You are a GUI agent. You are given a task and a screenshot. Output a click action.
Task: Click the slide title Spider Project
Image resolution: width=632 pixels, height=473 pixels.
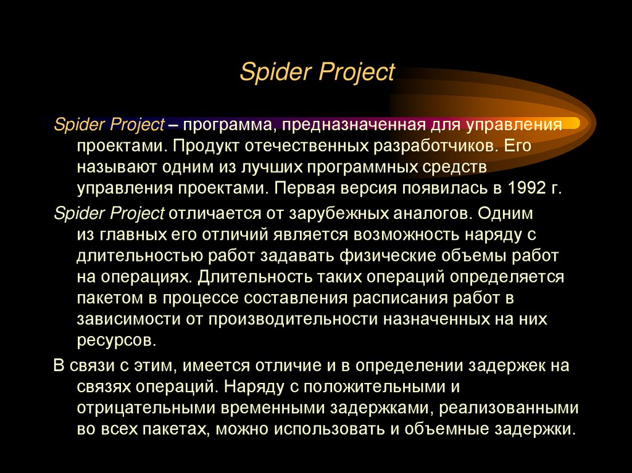pyautogui.click(x=317, y=72)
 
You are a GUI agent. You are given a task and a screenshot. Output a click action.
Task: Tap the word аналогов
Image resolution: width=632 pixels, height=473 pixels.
pyautogui.click(x=426, y=213)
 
